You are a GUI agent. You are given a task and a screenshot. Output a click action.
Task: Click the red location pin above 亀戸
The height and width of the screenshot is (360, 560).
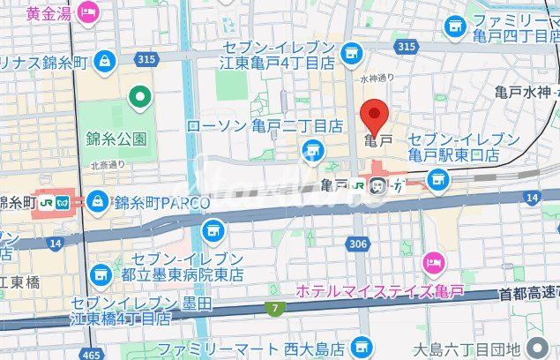[x=376, y=116]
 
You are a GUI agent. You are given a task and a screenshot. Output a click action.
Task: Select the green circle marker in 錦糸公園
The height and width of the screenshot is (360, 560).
[x=138, y=97]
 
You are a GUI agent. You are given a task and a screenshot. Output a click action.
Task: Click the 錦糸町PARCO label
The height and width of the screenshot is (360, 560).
[x=161, y=203]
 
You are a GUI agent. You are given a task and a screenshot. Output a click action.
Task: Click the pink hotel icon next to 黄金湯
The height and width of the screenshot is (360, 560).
[x=88, y=12]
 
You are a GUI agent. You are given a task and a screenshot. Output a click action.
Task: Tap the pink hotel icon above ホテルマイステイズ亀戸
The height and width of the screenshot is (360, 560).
[x=432, y=261]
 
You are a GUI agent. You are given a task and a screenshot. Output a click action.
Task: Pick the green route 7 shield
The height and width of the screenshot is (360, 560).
[x=275, y=308]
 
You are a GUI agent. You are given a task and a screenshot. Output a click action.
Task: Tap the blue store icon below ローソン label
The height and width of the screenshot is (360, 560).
[x=310, y=156]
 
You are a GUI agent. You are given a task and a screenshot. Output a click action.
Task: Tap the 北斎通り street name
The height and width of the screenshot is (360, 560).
[x=108, y=164]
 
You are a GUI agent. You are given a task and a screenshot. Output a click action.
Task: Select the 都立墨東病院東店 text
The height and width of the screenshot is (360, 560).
[x=180, y=274]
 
